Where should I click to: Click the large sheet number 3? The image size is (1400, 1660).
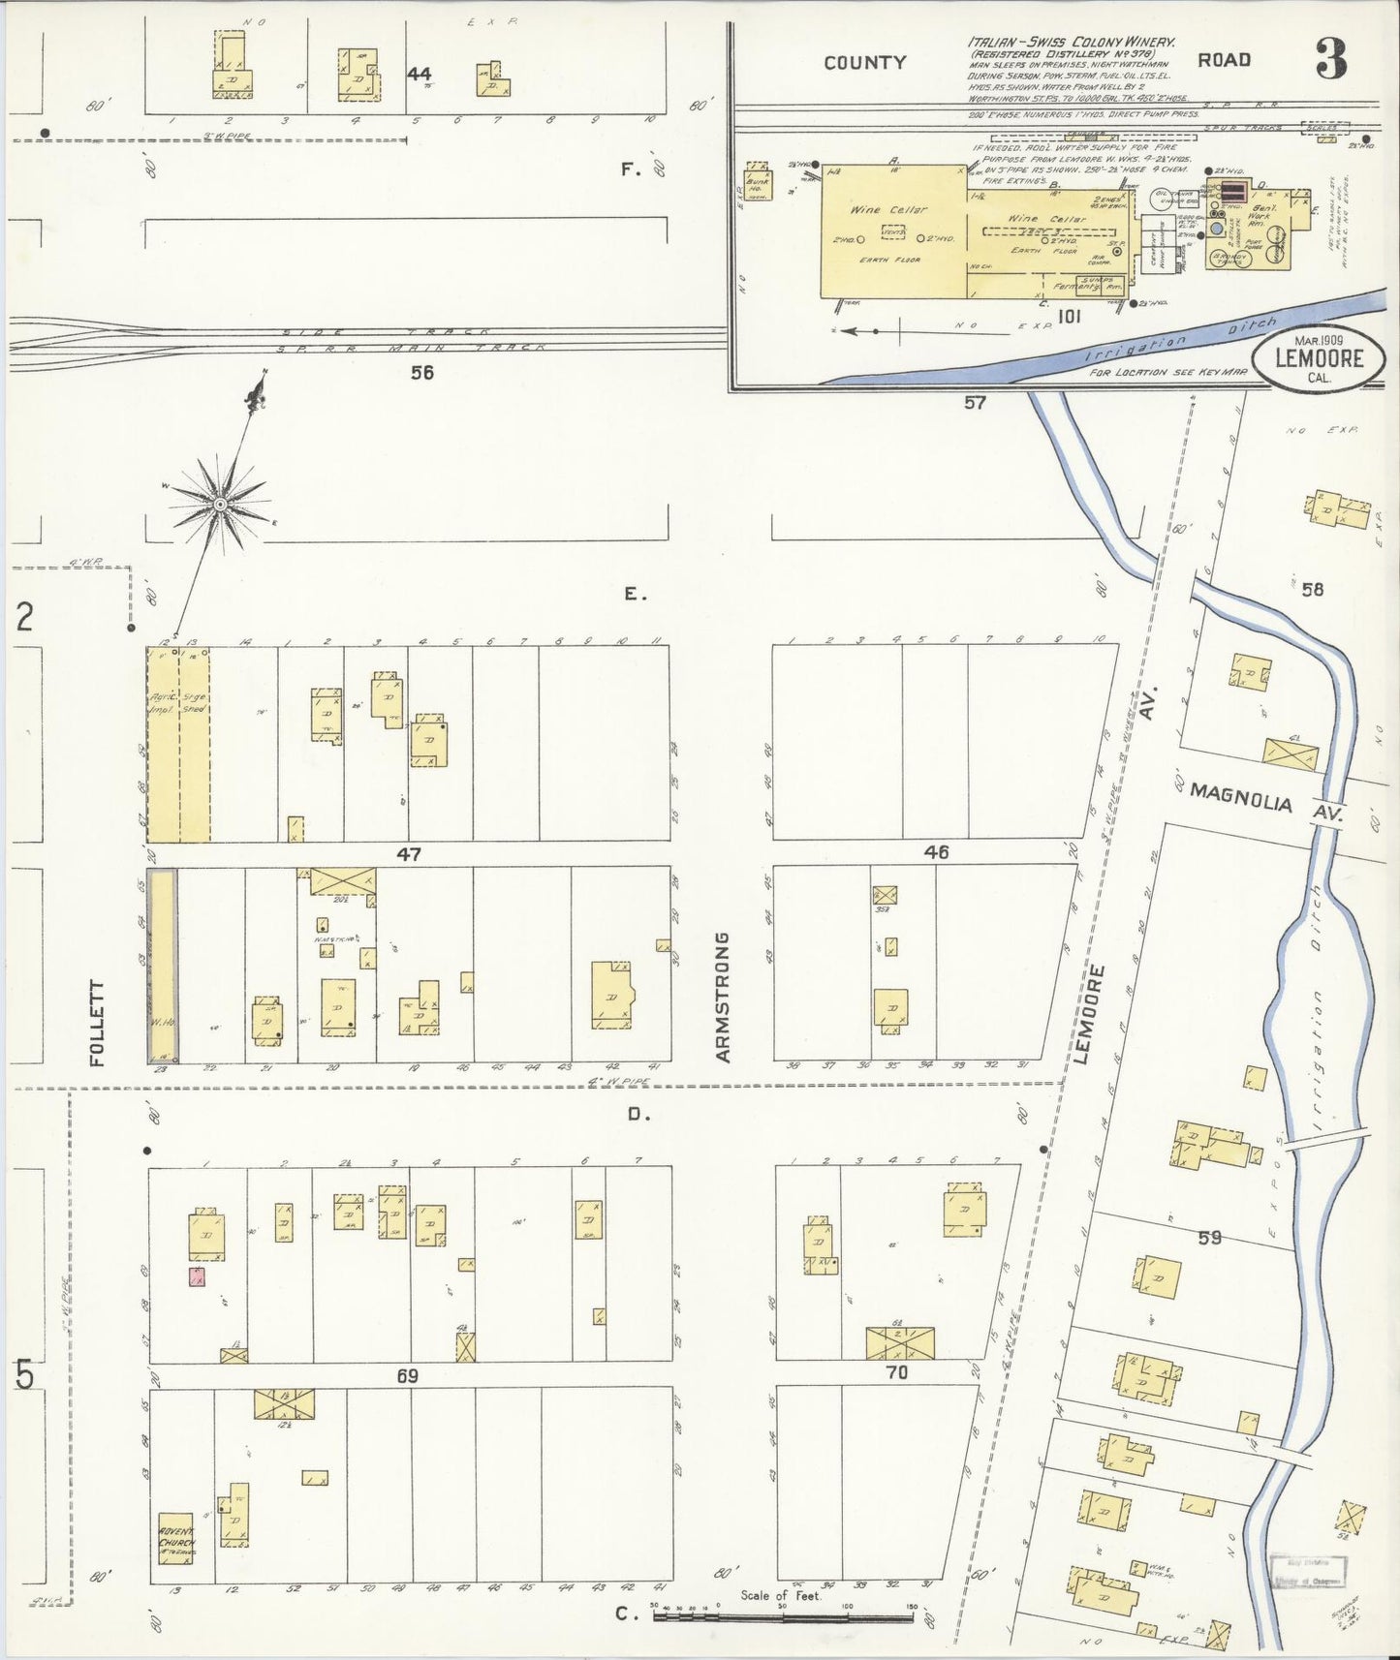(1331, 61)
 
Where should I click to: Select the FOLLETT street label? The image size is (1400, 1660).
(96, 1023)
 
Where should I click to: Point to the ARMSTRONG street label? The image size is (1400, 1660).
(723, 998)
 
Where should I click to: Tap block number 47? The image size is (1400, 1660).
(408, 854)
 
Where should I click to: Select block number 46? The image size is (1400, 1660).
(936, 852)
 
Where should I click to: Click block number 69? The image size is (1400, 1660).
(407, 1375)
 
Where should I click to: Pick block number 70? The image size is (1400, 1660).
(897, 1371)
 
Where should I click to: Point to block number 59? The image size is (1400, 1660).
(1209, 1237)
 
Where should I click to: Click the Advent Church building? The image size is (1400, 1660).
(176, 1538)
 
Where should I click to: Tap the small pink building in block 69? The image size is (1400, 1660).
(197, 1276)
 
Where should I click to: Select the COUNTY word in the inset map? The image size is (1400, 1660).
(864, 63)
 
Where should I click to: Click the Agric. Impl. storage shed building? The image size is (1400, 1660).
(178, 744)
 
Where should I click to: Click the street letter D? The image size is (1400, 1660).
(638, 1115)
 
